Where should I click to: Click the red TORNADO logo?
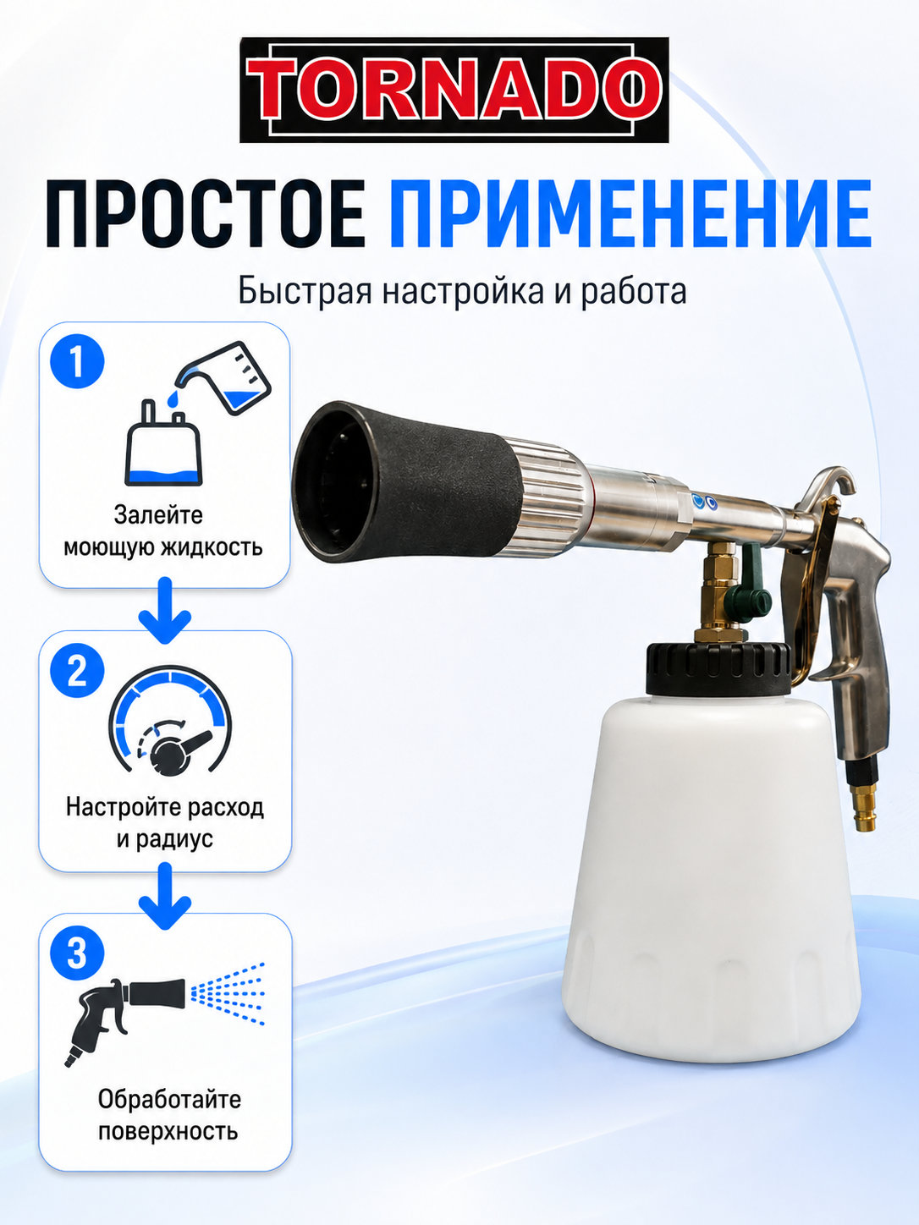454,90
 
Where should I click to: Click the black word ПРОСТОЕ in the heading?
205,214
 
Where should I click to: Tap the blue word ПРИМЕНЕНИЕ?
630,214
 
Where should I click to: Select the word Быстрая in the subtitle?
305,292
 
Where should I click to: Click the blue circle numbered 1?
78,361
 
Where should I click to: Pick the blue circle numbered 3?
78,953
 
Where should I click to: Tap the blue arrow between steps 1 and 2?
165,611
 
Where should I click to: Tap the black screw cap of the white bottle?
718,669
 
